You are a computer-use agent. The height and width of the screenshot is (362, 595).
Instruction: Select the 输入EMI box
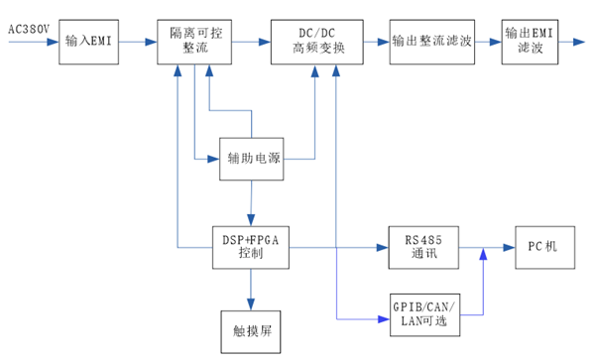[89, 43]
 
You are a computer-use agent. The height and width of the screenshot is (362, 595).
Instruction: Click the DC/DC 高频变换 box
[315, 42]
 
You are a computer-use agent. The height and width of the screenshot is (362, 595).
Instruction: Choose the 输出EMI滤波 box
[530, 42]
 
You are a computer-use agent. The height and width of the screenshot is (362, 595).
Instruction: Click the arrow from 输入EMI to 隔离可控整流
[138, 43]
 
